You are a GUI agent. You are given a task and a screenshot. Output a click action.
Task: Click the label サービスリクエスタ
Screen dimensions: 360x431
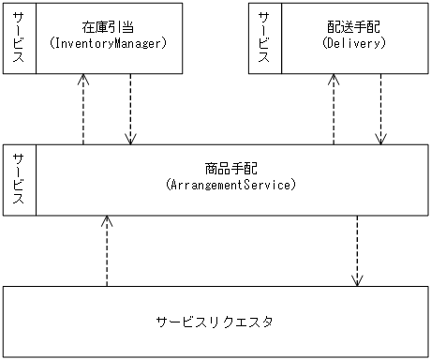tap(215, 322)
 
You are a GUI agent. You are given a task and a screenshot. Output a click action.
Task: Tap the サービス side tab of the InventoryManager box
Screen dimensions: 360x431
tap(19, 37)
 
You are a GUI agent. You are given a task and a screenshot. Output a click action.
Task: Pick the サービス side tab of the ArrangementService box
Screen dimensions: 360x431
tap(19, 180)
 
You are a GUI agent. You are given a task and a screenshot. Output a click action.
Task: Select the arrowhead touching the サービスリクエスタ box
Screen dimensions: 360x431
tap(357, 281)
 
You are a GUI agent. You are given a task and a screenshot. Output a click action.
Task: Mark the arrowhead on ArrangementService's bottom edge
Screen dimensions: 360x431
tap(107, 221)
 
